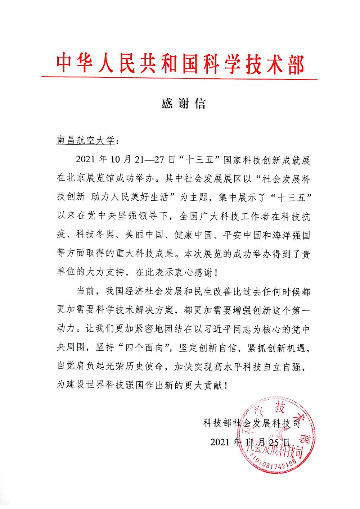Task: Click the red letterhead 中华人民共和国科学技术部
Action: (180, 64)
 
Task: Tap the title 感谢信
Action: (184, 104)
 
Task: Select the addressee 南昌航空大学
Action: (85, 140)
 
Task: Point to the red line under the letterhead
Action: (180, 78)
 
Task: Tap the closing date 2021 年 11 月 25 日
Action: (251, 442)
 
